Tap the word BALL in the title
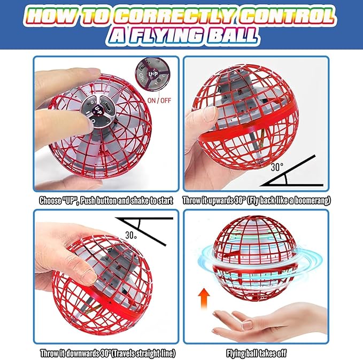point(232,36)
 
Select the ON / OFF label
point(159,100)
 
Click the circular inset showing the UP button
point(152,74)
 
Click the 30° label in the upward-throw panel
point(277,167)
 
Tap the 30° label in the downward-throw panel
point(131,235)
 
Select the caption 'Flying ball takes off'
point(256,353)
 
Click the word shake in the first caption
point(140,201)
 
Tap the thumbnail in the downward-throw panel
point(89,276)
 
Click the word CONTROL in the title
point(287,16)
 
